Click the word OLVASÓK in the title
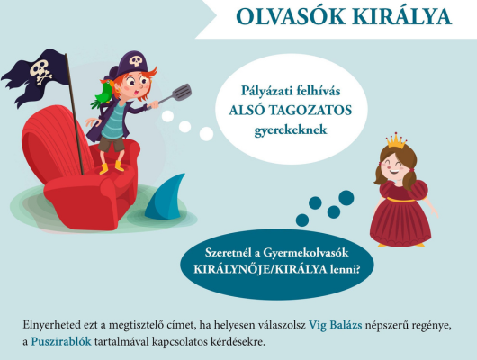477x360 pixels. [291, 16]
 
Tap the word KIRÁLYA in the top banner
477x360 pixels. [403, 16]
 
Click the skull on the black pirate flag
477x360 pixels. [40, 70]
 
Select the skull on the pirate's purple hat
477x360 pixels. [136, 60]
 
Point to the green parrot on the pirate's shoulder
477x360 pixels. [103, 94]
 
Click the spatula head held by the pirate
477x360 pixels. [182, 93]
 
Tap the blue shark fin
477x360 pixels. [166, 197]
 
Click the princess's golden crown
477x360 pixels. [396, 141]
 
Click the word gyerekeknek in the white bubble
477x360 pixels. [291, 130]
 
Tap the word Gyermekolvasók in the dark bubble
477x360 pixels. [305, 253]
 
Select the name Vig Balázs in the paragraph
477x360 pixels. [335, 325]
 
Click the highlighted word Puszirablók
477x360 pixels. [61, 342]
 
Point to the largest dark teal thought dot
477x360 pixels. [346, 198]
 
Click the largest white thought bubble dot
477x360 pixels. [206, 134]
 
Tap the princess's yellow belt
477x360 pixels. [400, 200]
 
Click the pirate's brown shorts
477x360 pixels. [112, 144]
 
